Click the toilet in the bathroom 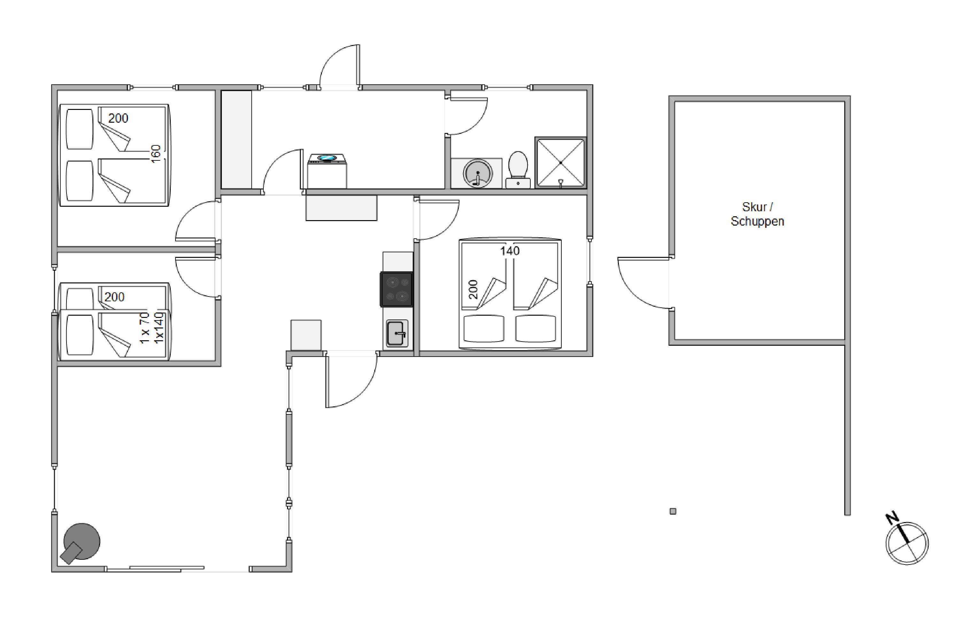tap(518, 170)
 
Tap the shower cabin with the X tap(561, 163)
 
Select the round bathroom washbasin tap(478, 173)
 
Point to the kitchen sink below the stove tap(397, 333)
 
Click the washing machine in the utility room tap(327, 171)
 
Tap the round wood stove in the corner tap(81, 543)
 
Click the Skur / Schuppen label tap(757, 214)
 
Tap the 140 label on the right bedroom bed tap(510, 250)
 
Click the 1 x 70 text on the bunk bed tap(145, 328)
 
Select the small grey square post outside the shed tap(673, 511)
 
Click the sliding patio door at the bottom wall tap(155, 568)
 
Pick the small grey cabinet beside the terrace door tap(306, 335)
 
